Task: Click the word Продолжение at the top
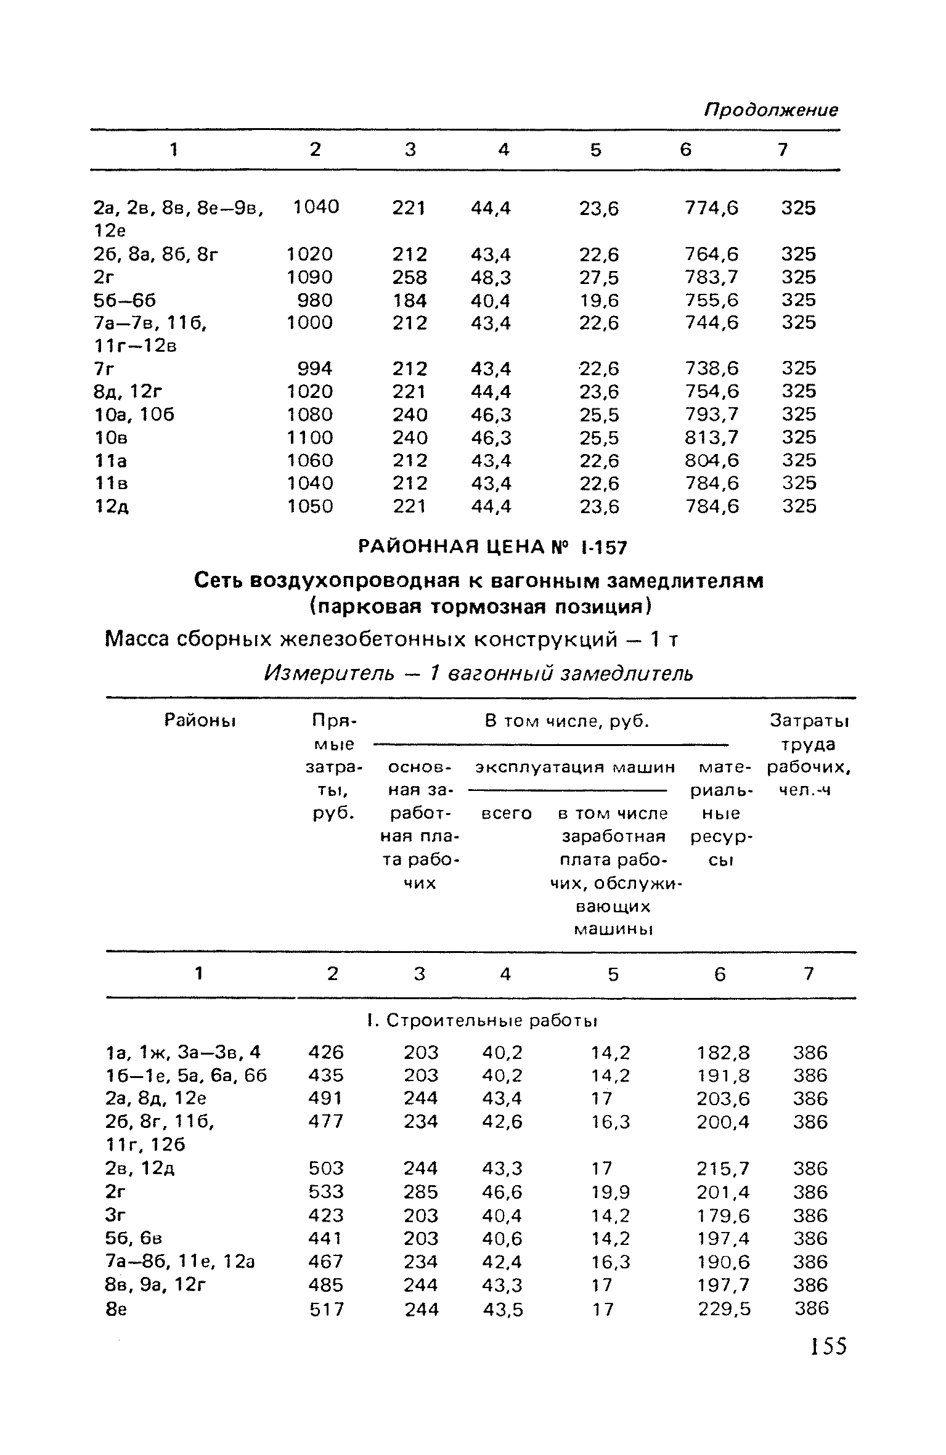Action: coord(770,110)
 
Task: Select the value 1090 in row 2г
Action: coord(310,277)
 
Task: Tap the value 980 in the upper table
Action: coord(315,300)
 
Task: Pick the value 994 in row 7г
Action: coord(315,368)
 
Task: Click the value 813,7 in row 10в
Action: coord(711,437)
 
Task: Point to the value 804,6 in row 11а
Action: coord(711,460)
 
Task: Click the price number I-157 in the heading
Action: coord(603,547)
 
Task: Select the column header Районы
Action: coord(201,720)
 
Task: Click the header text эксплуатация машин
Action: coord(576,768)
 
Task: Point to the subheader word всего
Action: coord(505,814)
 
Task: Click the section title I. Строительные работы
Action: coord(481,1021)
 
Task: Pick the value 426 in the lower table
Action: coord(326,1052)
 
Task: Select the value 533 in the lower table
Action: coord(326,1192)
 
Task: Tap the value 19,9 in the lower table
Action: coord(611,1192)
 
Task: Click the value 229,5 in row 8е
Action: coord(724,1308)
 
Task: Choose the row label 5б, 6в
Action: coord(134,1238)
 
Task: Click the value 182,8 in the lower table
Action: coord(724,1052)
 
